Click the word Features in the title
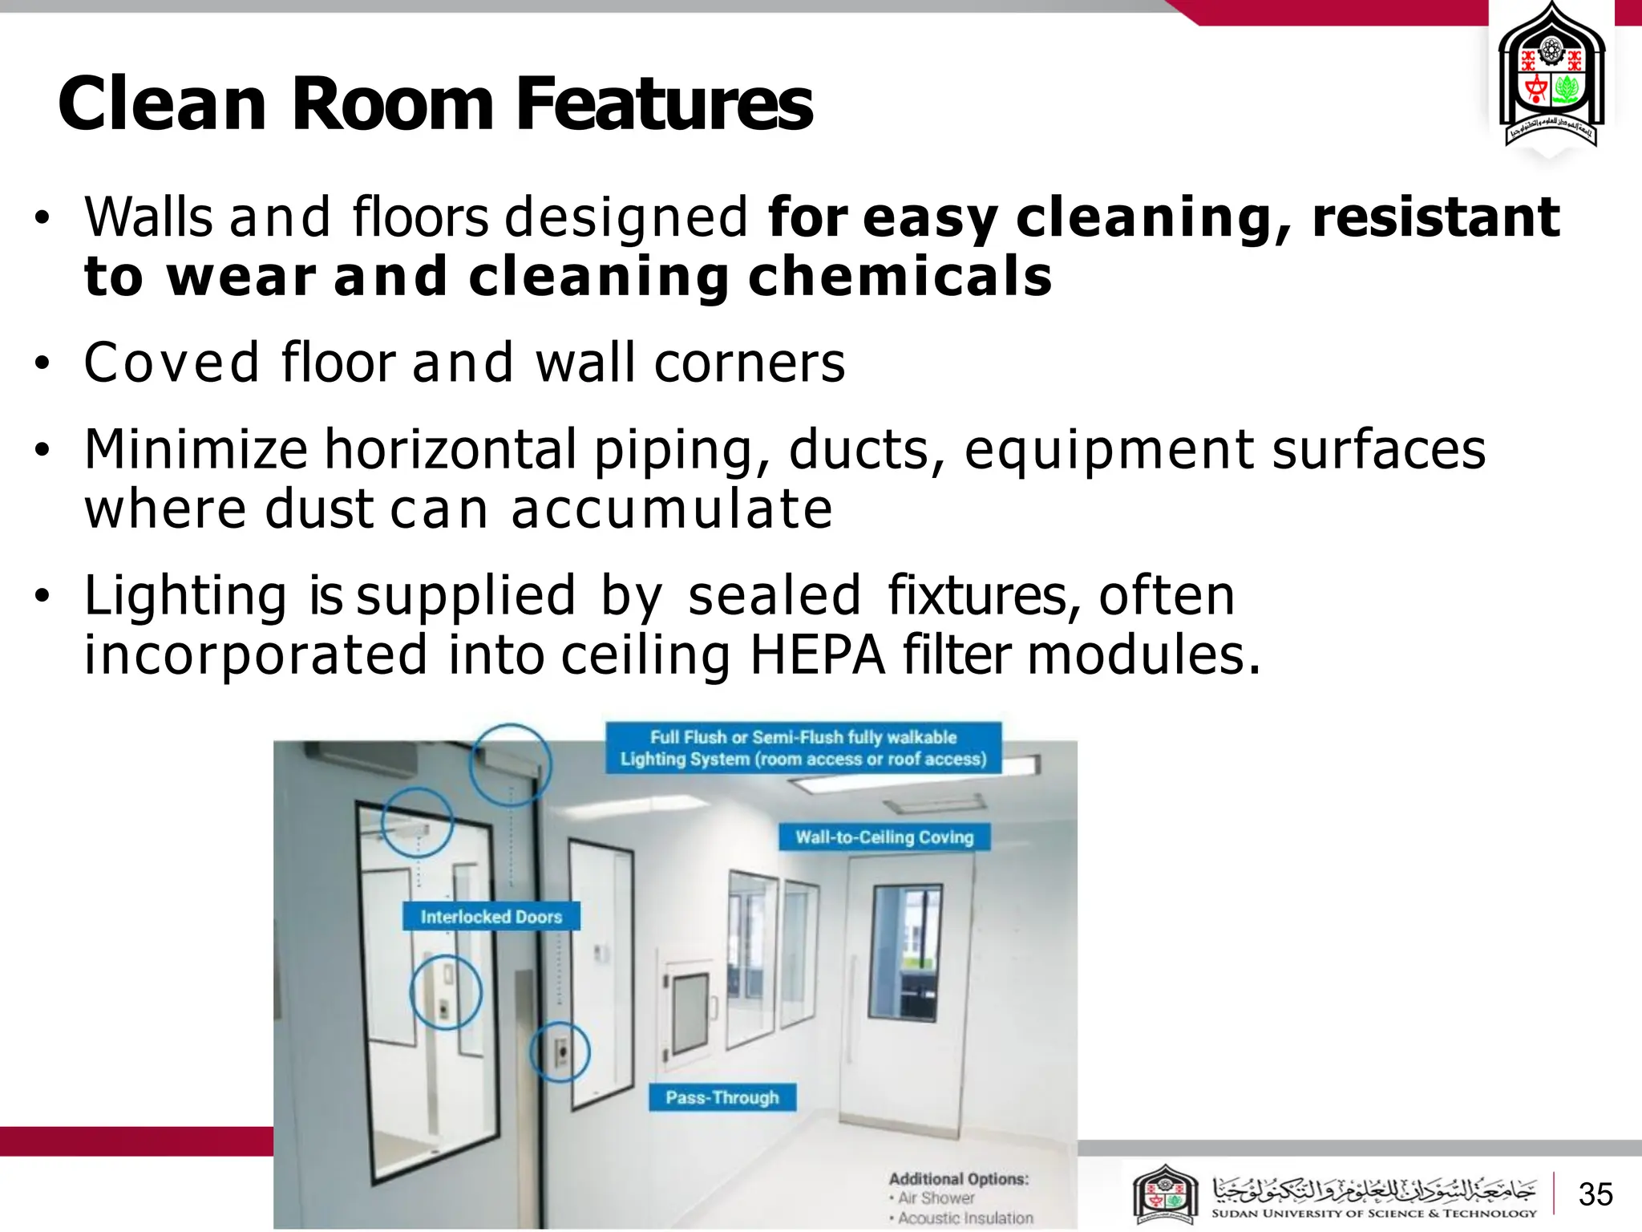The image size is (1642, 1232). [664, 104]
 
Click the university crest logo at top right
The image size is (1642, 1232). [1551, 80]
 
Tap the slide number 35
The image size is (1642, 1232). [1595, 1194]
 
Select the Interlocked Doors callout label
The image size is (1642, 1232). [491, 917]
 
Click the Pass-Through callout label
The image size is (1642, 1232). [722, 1097]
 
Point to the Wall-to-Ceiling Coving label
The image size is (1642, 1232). [884, 837]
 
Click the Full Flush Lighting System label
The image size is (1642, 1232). [803, 748]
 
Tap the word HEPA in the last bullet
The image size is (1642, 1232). [817, 655]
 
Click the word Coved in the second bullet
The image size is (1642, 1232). [172, 363]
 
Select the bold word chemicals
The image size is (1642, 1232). [900, 276]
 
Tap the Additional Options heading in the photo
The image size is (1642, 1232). [958, 1179]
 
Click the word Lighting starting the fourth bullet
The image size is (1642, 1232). [185, 596]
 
